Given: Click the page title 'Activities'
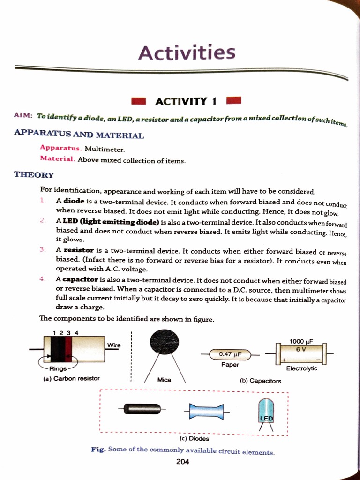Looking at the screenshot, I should pyautogui.click(x=187, y=52).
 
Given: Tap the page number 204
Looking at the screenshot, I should pyautogui.click(x=183, y=462).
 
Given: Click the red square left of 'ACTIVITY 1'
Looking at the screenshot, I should pyautogui.click(x=139, y=101).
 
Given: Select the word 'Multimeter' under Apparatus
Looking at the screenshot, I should pyautogui.click(x=105, y=149).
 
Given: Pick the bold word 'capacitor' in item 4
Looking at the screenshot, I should pyautogui.click(x=80, y=279).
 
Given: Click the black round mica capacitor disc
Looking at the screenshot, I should pyautogui.click(x=164, y=341).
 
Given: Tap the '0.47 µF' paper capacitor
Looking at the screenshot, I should pyautogui.click(x=230, y=354).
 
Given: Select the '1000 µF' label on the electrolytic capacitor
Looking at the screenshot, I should pyautogui.click(x=301, y=341).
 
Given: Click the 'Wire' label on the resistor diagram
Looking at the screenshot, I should pyautogui.click(x=114, y=345).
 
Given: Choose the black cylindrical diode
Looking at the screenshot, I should pyautogui.click(x=142, y=409).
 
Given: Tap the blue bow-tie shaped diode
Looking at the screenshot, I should pyautogui.click(x=206, y=412).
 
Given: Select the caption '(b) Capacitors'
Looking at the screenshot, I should pyautogui.click(x=260, y=381).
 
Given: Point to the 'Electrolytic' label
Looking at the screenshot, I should pyautogui.click(x=301, y=368).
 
